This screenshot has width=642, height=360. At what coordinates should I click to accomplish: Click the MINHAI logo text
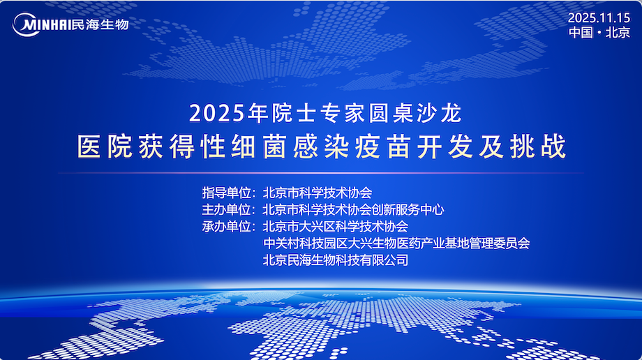coord(46,25)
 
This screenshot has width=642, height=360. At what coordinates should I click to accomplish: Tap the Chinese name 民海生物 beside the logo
coord(100,24)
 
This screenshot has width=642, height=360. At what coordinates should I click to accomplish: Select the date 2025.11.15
coord(599,17)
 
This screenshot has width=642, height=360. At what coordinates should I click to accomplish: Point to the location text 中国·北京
coord(599,32)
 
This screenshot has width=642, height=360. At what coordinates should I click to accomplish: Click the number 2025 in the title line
coord(217,113)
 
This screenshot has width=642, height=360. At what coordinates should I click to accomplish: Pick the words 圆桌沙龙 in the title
coord(415,113)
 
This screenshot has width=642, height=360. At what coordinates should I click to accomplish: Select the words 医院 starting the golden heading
coord(105,147)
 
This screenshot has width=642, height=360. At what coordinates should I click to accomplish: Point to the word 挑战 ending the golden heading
coord(538,147)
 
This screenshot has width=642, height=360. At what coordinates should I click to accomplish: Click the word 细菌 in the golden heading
coord(260,147)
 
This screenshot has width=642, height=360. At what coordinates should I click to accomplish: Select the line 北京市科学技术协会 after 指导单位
coord(318,193)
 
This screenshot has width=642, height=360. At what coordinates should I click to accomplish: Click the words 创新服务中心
coord(408,210)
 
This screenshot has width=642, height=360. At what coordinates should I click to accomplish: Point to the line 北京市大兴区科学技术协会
coord(336,227)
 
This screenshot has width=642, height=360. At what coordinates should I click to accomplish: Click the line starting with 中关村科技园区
coord(396,243)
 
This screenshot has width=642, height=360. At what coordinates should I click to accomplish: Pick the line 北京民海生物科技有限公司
coord(336,260)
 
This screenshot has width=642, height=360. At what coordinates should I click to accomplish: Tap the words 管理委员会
coord(500,243)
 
